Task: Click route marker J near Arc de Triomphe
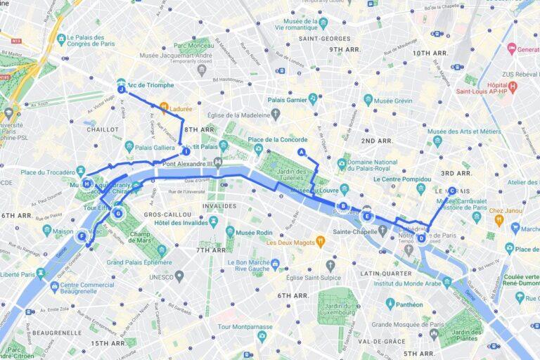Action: point(122,89)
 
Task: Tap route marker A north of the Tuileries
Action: point(302,152)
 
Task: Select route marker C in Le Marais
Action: point(451,190)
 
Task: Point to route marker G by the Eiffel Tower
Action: point(118,213)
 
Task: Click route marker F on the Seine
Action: point(82,237)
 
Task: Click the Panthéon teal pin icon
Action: point(390,304)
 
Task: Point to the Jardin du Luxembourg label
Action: point(338,309)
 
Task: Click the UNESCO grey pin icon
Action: point(179,276)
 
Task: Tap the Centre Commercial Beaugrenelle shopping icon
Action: point(54,286)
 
